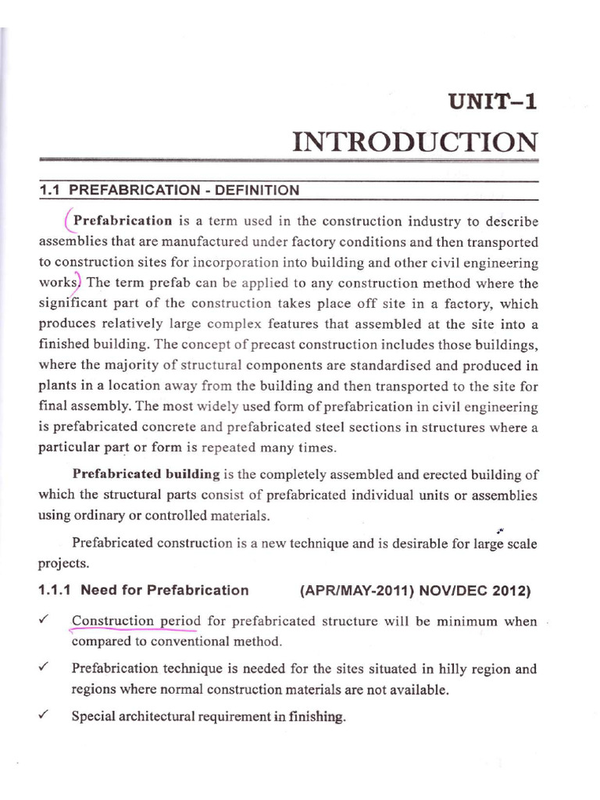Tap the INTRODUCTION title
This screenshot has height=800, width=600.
[x=415, y=142]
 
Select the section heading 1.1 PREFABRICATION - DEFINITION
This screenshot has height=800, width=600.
[x=169, y=190]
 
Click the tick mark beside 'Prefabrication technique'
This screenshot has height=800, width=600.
[x=44, y=669]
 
